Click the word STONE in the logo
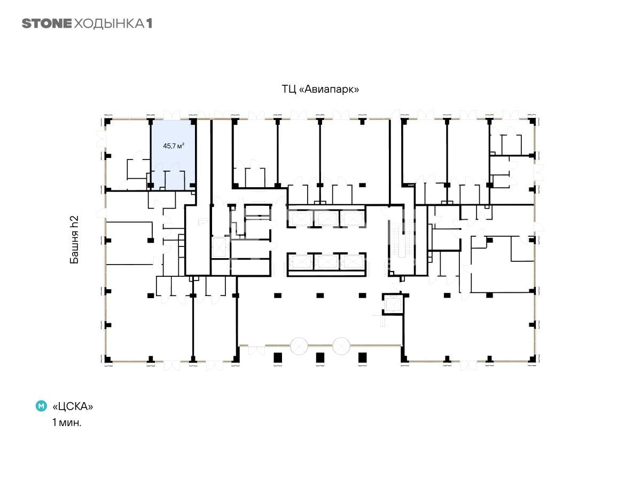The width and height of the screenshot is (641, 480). coord(46,23)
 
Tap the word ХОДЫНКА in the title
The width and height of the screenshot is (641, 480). coord(109,24)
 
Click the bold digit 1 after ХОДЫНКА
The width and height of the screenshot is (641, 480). coord(149,23)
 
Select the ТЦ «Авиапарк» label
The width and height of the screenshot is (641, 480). coord(320,89)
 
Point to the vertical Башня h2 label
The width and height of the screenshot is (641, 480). coord(74,239)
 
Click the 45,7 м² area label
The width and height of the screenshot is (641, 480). coord(174,146)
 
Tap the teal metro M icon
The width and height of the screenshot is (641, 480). coord(41,406)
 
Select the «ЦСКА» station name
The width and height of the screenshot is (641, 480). coord(73,406)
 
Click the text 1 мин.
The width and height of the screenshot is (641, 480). coord(67,422)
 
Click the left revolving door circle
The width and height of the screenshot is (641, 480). coord(299,346)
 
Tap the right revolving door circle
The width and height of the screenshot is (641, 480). coord(341,346)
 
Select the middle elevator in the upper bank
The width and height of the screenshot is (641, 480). coord(327,219)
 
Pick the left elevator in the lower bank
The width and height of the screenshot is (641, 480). coord(301,262)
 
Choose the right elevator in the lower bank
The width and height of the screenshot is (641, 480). coord(353,262)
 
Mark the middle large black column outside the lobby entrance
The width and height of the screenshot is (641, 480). coord(320,357)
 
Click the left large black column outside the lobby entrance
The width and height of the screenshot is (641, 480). coord(278,357)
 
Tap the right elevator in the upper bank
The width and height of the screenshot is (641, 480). coord(353,219)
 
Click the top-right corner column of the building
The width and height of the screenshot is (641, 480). coord(532,122)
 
